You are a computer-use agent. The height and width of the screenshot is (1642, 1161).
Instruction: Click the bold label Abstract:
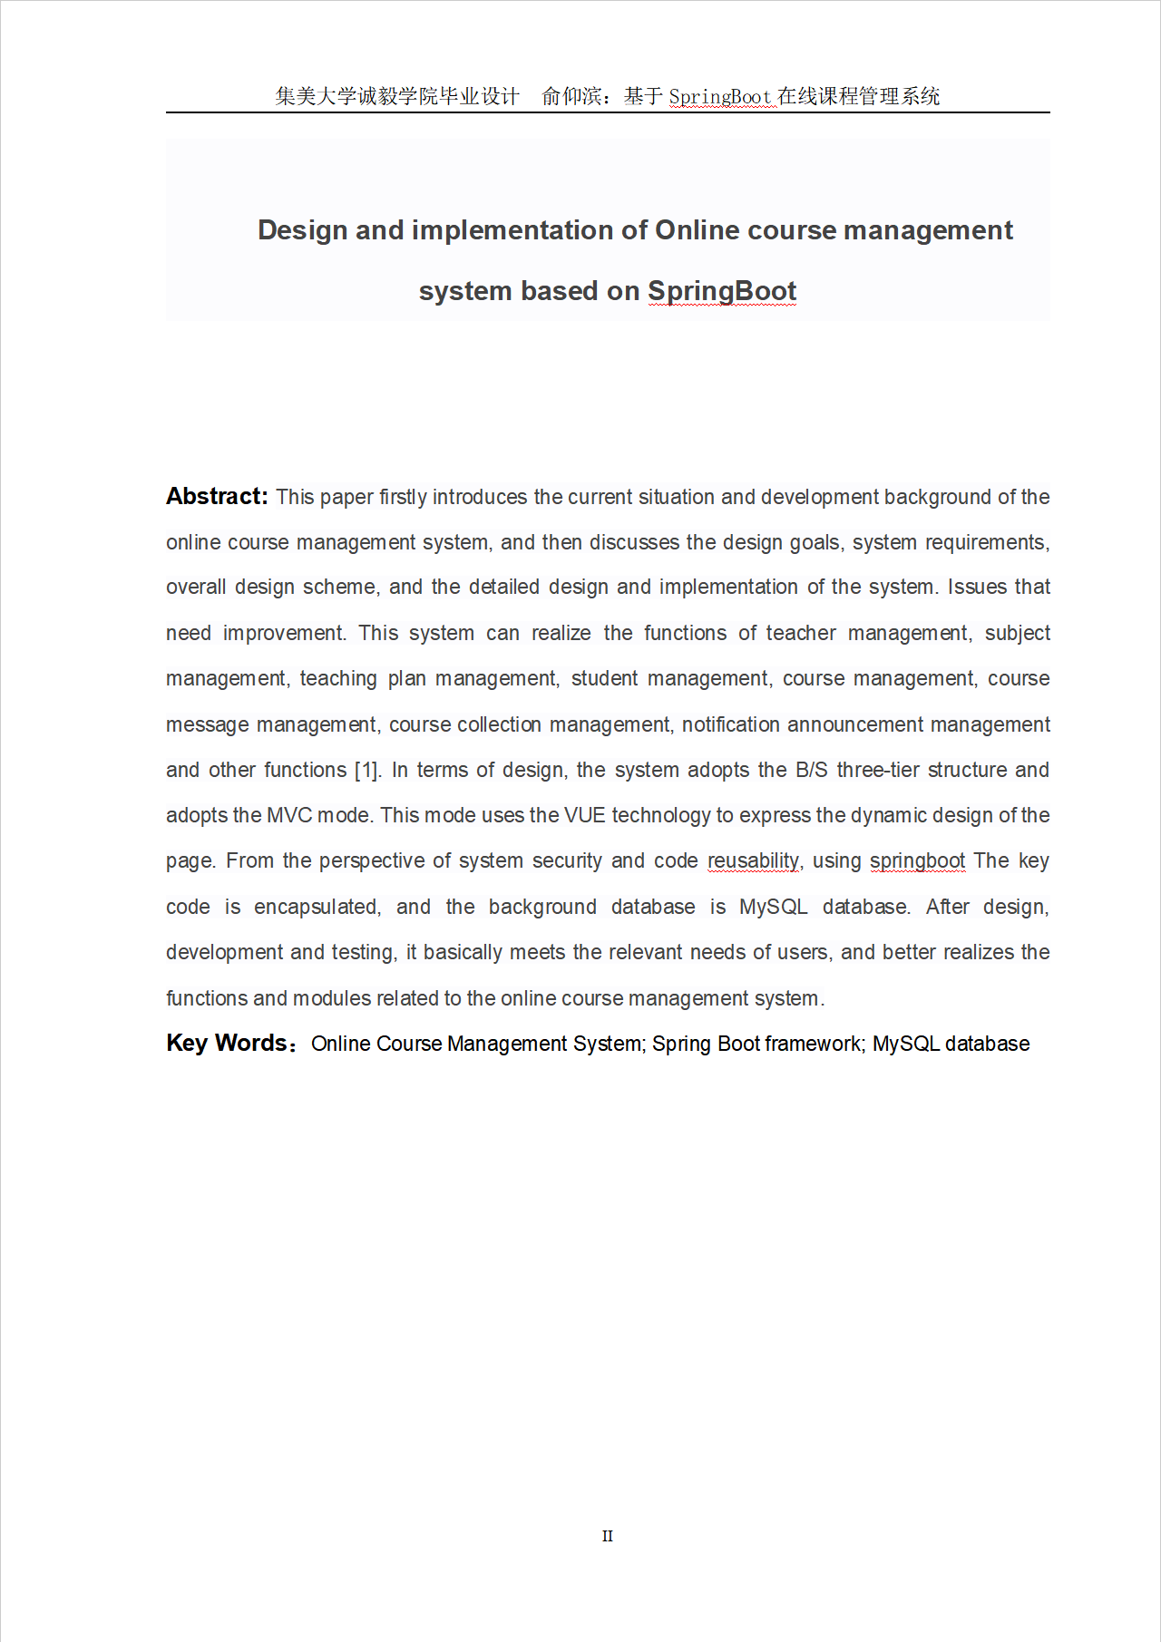tap(217, 496)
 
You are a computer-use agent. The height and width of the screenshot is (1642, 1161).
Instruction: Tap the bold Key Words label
tap(227, 1043)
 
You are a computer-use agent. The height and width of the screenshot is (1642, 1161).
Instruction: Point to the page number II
tap(607, 1536)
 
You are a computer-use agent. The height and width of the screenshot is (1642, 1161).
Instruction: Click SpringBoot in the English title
tap(721, 291)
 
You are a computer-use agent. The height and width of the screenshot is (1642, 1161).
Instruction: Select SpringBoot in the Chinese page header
tap(720, 96)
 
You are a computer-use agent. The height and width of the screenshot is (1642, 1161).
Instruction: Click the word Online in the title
tap(697, 230)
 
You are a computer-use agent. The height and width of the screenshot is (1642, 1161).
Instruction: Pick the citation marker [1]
tap(367, 770)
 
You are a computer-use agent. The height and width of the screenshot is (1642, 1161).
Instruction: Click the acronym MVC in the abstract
tap(289, 815)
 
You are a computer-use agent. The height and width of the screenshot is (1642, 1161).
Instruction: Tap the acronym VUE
tap(584, 815)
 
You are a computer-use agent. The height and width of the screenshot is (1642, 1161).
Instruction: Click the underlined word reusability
tap(753, 860)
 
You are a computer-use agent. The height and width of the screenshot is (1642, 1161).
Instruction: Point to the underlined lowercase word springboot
tap(917, 860)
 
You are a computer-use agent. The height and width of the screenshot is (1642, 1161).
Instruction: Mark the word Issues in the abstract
tap(975, 587)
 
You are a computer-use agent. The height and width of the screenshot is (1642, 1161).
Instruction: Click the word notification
tap(730, 724)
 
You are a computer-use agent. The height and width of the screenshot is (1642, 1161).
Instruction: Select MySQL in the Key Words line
tap(905, 1044)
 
